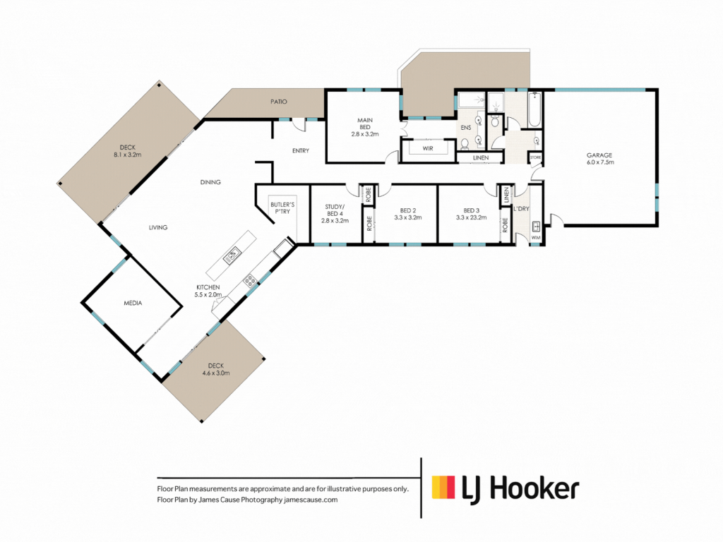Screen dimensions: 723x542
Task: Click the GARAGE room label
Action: pyautogui.click(x=599, y=155)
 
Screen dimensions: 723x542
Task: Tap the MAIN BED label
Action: pyautogui.click(x=365, y=124)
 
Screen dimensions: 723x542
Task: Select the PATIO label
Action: pyautogui.click(x=278, y=102)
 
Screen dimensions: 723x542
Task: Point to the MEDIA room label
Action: pyautogui.click(x=133, y=303)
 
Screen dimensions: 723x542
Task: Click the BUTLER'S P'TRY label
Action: pyautogui.click(x=282, y=208)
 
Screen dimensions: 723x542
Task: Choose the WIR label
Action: pyautogui.click(x=428, y=148)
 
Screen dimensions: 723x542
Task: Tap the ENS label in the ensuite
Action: pyautogui.click(x=466, y=128)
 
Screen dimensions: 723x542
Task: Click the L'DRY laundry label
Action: pyautogui.click(x=522, y=209)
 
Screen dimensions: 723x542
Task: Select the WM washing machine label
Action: pyautogui.click(x=536, y=238)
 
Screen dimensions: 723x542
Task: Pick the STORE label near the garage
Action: pyautogui.click(x=535, y=157)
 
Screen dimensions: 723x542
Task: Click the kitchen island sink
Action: pyautogui.click(x=232, y=255)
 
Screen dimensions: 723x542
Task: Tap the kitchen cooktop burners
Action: pyautogui.click(x=249, y=279)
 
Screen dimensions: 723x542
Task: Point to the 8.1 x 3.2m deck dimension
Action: pyautogui.click(x=128, y=155)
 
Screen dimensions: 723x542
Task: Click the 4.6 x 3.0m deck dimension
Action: pyautogui.click(x=216, y=373)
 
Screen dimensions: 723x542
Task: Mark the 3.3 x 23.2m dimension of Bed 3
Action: pyautogui.click(x=471, y=217)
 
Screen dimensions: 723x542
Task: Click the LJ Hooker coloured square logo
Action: pyautogui.click(x=443, y=488)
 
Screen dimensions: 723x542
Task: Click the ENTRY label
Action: pyautogui.click(x=301, y=151)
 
